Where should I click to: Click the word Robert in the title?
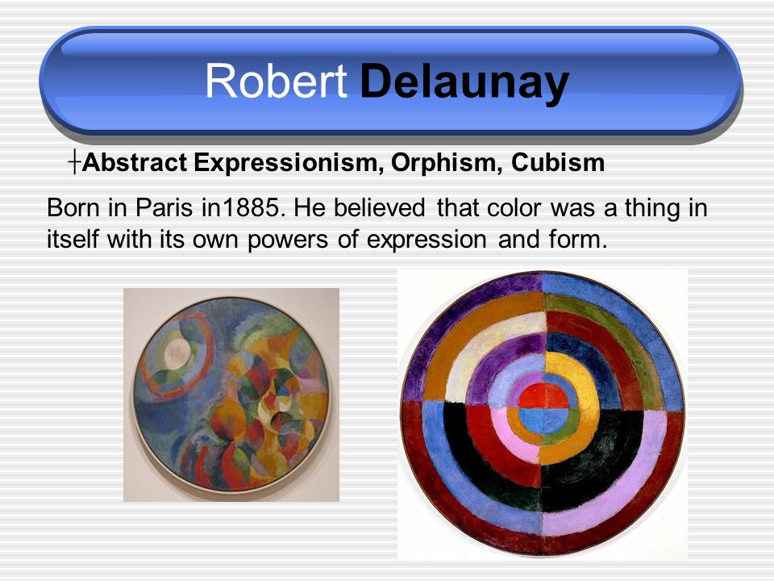(x=276, y=81)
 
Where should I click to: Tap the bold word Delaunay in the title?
(x=464, y=84)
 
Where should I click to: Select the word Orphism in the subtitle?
(x=447, y=163)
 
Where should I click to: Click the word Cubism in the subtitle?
(x=558, y=162)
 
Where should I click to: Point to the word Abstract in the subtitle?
(x=135, y=162)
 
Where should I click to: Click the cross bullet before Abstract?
(x=74, y=162)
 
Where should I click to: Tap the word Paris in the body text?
(x=164, y=207)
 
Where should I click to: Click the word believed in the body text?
(x=379, y=207)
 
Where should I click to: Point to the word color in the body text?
(x=514, y=207)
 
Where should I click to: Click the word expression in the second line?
(x=427, y=240)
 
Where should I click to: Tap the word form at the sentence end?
(x=577, y=239)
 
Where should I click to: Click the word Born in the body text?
(x=73, y=207)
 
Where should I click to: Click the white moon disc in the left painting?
(x=177, y=353)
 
